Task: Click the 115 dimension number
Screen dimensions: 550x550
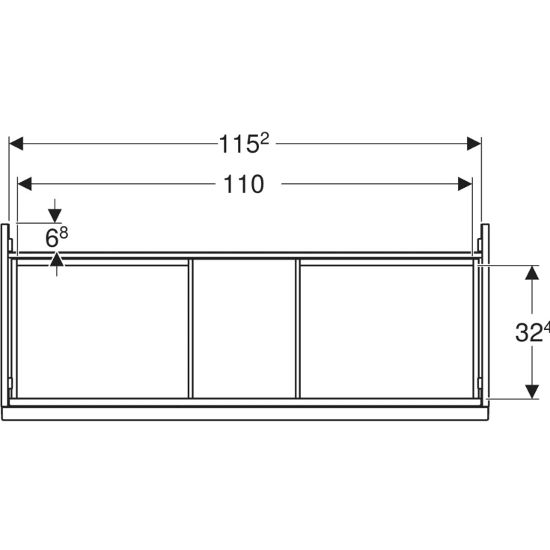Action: tap(238, 144)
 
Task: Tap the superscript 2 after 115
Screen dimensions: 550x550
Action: tap(263, 138)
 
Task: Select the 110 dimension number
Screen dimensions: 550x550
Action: tap(244, 184)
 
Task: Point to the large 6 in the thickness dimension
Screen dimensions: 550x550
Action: tap(52, 239)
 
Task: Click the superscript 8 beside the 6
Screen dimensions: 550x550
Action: tap(64, 233)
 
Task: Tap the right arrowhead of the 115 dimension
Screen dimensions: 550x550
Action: tap(473, 144)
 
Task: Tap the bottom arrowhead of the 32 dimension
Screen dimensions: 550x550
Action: tap(531, 391)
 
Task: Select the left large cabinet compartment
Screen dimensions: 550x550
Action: tap(103, 331)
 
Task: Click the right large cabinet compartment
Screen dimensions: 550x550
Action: tap(386, 331)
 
